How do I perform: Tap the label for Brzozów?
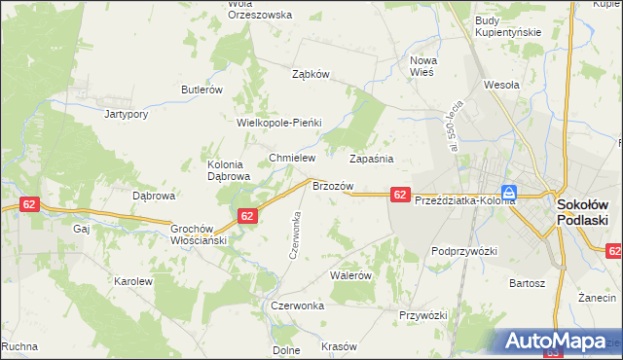point(332,185)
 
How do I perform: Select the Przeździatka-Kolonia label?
point(464,200)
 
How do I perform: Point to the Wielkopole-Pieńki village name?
point(279,124)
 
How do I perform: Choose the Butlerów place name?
point(202,90)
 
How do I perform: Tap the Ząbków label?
point(312,74)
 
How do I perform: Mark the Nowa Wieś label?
point(423,66)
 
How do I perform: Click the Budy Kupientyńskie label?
point(507,26)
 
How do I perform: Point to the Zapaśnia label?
point(371,158)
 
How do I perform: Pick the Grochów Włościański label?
point(199,234)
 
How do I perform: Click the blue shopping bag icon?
point(509,193)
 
